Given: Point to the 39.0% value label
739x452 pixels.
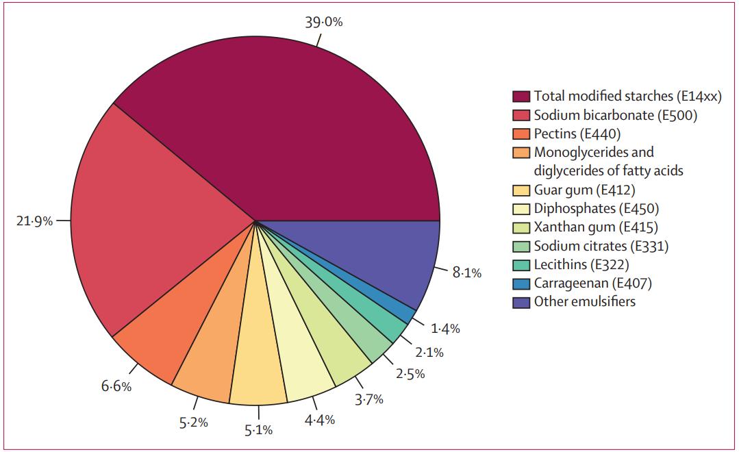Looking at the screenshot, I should click(x=324, y=22).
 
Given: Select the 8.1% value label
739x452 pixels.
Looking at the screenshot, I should click(x=466, y=273).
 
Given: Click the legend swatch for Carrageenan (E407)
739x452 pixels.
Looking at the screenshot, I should click(x=522, y=284).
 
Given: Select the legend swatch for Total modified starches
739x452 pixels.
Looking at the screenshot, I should click(x=522, y=97).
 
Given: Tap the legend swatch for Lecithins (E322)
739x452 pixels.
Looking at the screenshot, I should click(x=522, y=265).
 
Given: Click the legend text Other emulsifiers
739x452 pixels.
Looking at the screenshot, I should click(x=585, y=301).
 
